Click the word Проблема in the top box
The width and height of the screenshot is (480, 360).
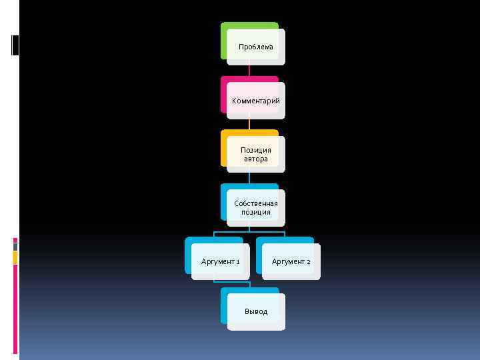click(256, 47)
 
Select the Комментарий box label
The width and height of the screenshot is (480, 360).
click(256, 101)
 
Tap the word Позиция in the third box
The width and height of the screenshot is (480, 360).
click(256, 150)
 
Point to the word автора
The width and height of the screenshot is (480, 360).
click(256, 159)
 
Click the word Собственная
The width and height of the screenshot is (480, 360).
click(256, 203)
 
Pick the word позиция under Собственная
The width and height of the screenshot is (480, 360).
click(256, 212)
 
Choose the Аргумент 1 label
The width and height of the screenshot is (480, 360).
click(221, 261)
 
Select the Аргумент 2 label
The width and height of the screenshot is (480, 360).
click(291, 261)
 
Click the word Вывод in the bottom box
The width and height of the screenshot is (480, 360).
click(256, 311)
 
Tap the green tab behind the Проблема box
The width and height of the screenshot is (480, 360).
click(240, 26)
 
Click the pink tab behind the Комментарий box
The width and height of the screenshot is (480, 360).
click(224, 93)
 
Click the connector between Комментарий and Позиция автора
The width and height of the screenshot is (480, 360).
click(249, 124)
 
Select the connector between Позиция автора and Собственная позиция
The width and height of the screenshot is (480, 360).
click(249, 178)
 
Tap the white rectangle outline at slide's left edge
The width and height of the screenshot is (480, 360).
click(15, 44)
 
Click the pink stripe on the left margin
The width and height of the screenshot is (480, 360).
click(15, 307)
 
